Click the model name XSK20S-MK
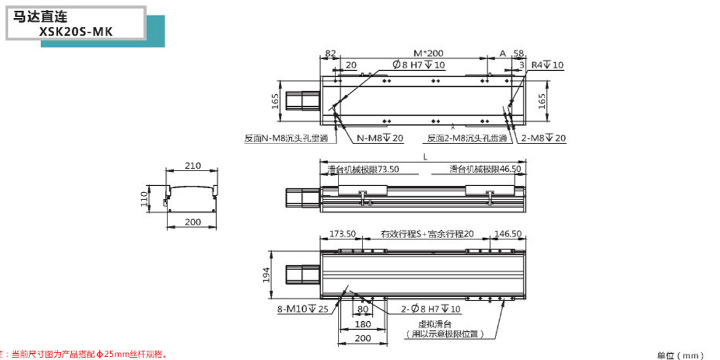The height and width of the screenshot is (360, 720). [76, 32]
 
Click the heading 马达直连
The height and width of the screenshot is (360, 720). [41, 17]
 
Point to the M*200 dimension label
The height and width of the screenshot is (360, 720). [428, 54]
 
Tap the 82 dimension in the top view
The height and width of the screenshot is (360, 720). [330, 54]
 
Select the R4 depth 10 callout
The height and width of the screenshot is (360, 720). [547, 65]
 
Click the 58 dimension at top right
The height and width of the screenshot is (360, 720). [518, 54]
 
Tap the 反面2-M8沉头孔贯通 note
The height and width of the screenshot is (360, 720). [467, 138]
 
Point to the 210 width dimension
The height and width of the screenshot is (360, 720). [193, 165]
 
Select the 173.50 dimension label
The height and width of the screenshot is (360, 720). [343, 234]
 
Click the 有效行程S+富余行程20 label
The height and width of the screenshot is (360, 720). [427, 234]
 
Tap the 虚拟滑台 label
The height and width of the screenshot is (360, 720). [434, 324]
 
